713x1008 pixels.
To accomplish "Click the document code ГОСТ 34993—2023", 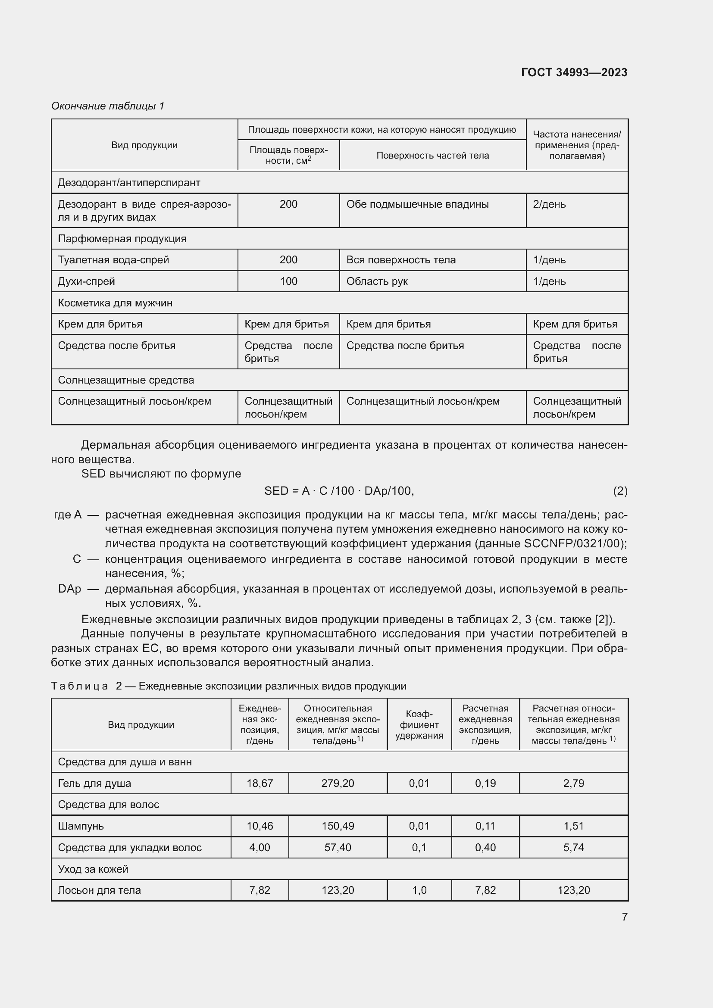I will pyautogui.click(x=574, y=72).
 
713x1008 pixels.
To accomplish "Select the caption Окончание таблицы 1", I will pyautogui.click(x=108, y=106).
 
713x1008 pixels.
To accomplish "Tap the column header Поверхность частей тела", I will pyautogui.click(x=432, y=156).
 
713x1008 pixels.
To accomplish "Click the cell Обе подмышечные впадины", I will pyautogui.click(x=417, y=204).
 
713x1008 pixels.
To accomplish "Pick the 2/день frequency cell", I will pyautogui.click(x=549, y=204).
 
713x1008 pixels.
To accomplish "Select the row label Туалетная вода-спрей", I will pyautogui.click(x=113, y=260).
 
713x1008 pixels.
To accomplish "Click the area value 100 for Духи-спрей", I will pyautogui.click(x=288, y=281).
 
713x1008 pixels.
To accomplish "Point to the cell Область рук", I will pyautogui.click(x=377, y=281).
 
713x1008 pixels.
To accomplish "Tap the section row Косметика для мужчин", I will pyautogui.click(x=115, y=303).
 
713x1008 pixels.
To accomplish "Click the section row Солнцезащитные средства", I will pyautogui.click(x=125, y=380).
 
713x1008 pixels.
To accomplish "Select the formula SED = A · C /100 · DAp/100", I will pyautogui.click(x=339, y=491).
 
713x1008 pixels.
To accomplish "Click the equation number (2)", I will pyautogui.click(x=620, y=491).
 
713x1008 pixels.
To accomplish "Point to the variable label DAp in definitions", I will pyautogui.click(x=69, y=589).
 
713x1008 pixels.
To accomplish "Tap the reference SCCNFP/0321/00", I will pyautogui.click(x=574, y=543).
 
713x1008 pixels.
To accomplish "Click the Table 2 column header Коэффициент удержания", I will pyautogui.click(x=419, y=725).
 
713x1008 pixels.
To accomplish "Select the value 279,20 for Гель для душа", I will pyautogui.click(x=338, y=783).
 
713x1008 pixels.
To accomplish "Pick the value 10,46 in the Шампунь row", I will pyautogui.click(x=260, y=826).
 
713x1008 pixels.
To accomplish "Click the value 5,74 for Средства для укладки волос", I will pyautogui.click(x=573, y=847).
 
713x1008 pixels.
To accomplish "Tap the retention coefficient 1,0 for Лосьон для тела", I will pyautogui.click(x=419, y=890).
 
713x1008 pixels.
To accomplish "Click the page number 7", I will pyautogui.click(x=624, y=917).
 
